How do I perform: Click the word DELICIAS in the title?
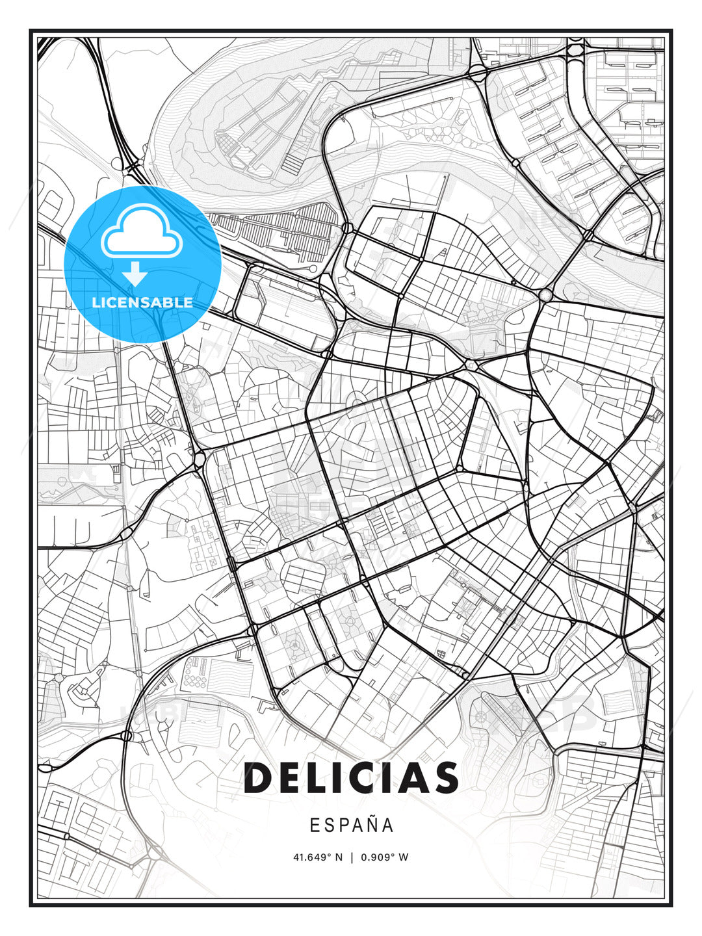pos(351,778)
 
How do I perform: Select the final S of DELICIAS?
pos(446,778)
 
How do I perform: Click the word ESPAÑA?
pos(351,825)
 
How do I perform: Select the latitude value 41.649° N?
pos(318,857)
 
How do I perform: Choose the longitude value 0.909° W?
pos(384,857)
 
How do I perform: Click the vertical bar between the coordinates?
pos(352,857)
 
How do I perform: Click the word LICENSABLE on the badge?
pos(142,302)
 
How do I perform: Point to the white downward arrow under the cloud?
pos(135,274)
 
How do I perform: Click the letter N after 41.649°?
pos(339,857)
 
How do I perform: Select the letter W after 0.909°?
pos(404,857)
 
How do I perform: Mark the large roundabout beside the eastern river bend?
pos(545,295)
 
